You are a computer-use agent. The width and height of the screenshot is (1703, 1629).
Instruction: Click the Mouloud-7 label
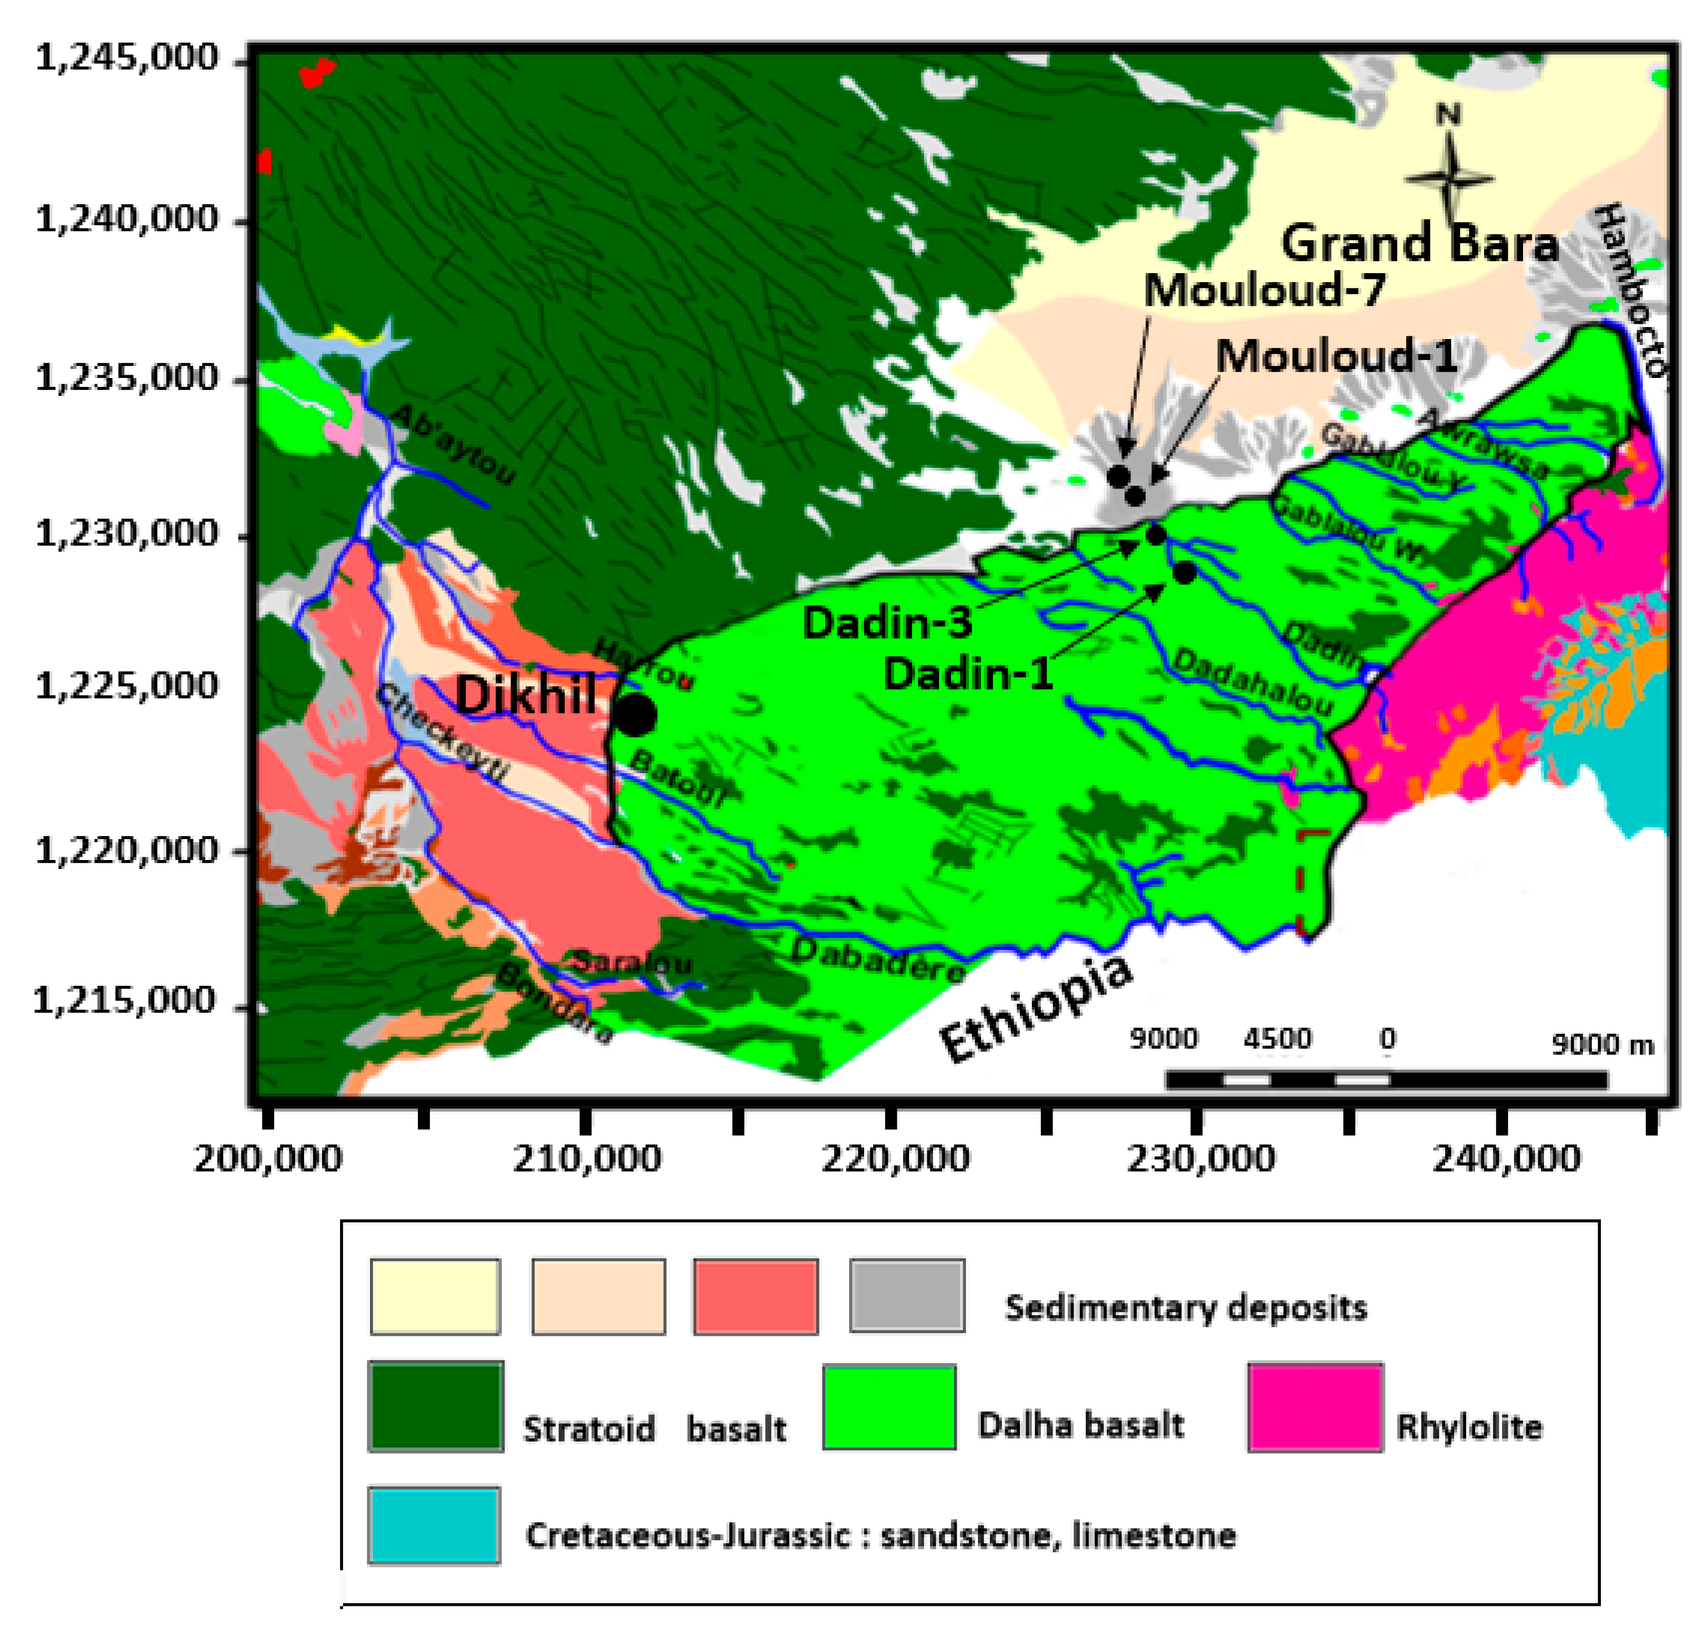[x=1264, y=289]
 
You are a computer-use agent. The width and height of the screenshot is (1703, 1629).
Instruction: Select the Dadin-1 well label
[x=968, y=674]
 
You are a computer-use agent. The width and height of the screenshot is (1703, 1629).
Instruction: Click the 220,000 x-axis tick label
[x=895, y=1159]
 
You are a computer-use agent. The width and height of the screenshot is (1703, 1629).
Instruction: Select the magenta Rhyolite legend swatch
[x=1314, y=1407]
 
